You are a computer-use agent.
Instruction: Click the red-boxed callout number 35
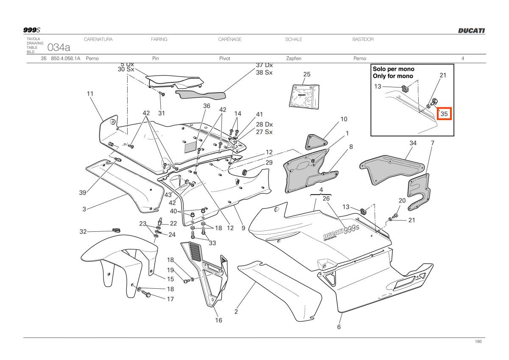point(444,114)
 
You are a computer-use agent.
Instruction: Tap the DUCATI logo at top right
point(471,31)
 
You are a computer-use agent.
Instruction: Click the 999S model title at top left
point(31,30)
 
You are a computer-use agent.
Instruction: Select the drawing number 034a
point(59,46)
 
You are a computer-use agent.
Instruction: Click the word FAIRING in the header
point(159,39)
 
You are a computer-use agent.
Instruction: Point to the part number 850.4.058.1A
point(65,59)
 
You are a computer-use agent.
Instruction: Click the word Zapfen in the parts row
point(294,59)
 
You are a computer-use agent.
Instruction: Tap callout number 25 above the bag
point(307,74)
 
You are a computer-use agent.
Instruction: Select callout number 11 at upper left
point(90,93)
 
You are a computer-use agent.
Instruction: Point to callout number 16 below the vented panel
point(218,320)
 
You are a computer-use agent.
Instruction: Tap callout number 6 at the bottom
point(339,327)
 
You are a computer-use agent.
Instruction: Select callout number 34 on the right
point(413,143)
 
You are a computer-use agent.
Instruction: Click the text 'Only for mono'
point(392,76)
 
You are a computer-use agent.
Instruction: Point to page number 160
point(478,342)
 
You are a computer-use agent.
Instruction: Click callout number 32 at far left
point(83,232)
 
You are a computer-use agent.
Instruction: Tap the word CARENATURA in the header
point(98,39)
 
